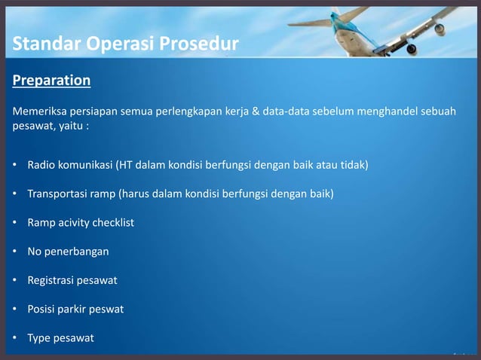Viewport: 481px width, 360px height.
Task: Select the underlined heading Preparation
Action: pos(51,81)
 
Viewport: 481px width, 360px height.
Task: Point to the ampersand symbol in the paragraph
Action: pos(255,111)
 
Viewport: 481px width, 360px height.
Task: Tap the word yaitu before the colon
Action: pos(69,127)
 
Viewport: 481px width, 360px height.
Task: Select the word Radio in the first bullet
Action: pos(41,164)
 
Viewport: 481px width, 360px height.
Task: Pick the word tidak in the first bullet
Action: pos(351,164)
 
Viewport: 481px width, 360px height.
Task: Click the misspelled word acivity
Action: pos(72,223)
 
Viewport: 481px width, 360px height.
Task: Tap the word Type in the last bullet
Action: pos(40,338)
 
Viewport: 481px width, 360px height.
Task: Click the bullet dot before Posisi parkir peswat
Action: pos(16,310)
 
